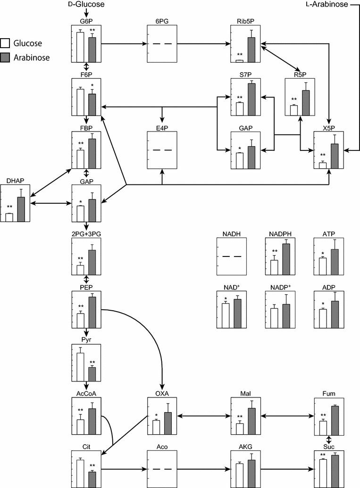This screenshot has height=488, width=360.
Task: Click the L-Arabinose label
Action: pos(326,4)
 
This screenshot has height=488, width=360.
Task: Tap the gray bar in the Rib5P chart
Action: pos(251,50)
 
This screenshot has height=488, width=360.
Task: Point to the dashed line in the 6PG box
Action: pos(161,44)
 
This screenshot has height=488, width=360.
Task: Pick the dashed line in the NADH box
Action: pos(232,256)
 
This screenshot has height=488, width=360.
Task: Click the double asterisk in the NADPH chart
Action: pos(275,251)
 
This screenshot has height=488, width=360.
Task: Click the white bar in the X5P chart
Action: pos(323,165)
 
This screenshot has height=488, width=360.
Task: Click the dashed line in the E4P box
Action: pos(161,150)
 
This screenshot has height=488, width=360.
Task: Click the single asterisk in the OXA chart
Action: pos(156,415)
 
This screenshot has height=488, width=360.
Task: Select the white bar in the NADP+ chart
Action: pos(274,318)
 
